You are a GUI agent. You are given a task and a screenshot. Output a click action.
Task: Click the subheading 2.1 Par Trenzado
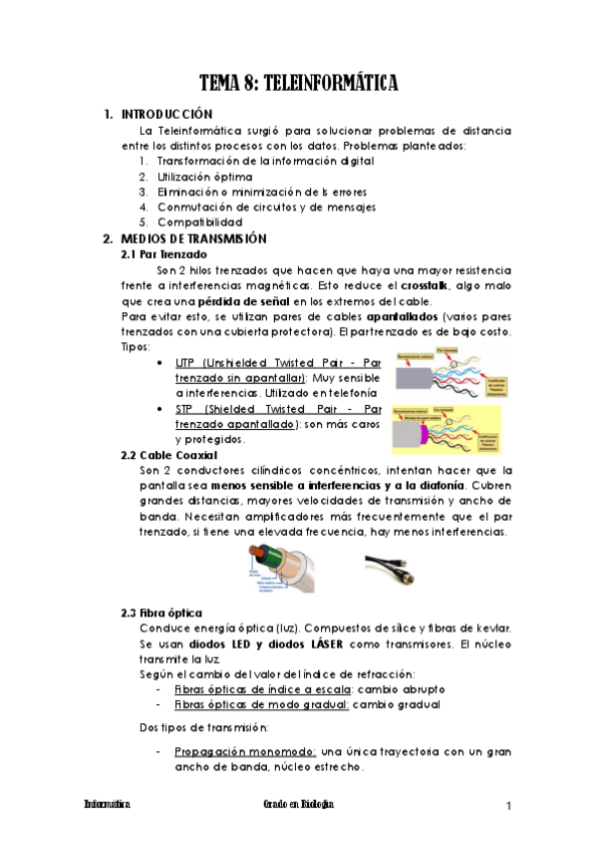click(x=163, y=254)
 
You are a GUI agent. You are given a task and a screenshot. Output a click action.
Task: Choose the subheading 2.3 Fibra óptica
click(x=160, y=612)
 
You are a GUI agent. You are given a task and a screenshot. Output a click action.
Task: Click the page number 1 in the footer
click(x=508, y=805)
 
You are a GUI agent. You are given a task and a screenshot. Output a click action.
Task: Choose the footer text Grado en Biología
click(x=298, y=804)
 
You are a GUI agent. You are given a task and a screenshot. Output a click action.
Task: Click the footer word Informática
click(x=107, y=804)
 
